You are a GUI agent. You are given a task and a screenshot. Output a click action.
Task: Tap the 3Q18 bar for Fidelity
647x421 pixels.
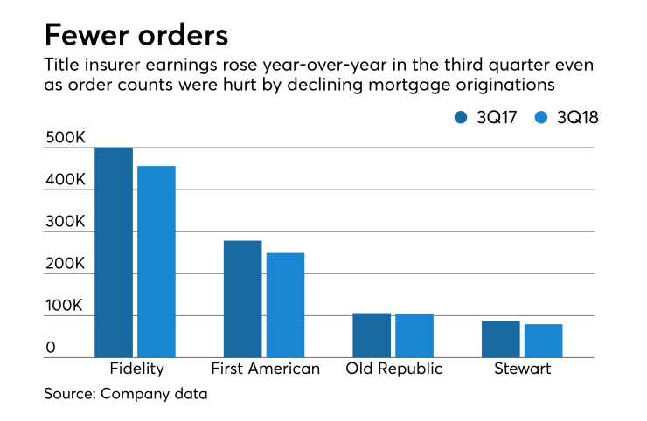(157, 261)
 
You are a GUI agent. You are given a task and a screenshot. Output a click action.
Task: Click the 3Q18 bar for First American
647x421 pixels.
(285, 305)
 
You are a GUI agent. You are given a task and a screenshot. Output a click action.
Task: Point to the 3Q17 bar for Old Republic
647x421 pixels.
(372, 335)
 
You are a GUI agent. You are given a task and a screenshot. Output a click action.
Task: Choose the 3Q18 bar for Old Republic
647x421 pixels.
(414, 335)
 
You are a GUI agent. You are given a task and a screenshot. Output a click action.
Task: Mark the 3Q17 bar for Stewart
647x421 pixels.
(500, 339)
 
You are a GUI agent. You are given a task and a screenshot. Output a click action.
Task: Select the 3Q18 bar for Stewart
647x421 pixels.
(543, 341)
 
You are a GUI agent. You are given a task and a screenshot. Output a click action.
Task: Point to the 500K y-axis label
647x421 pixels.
(65, 138)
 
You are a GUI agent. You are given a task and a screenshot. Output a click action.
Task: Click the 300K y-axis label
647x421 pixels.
(65, 223)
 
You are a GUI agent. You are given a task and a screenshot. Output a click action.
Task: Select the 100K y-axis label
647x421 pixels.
(65, 307)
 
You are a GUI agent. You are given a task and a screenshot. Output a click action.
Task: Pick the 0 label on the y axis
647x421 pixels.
(51, 348)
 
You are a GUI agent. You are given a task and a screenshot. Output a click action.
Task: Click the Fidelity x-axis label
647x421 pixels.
(135, 369)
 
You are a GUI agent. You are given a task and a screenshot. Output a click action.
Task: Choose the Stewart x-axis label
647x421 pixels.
(522, 369)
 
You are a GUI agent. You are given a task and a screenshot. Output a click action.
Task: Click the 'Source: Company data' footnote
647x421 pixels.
(126, 394)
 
